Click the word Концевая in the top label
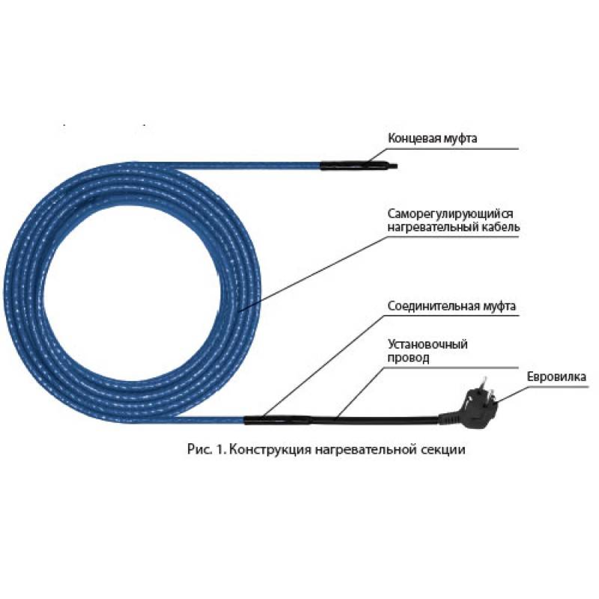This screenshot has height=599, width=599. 413,138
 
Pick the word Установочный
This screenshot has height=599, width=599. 428,344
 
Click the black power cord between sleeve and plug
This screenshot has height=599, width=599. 389,416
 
